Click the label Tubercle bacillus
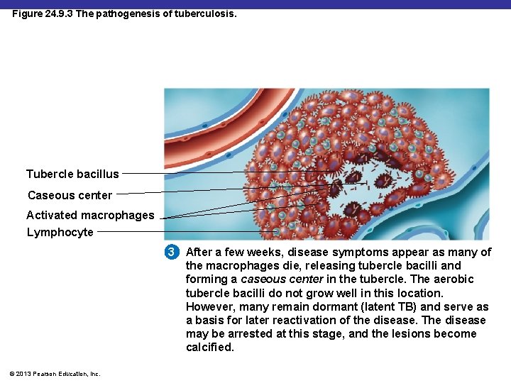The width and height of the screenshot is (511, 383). tap(72, 174)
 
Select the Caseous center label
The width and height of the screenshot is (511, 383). tap(70, 195)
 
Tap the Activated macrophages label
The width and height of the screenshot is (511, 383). tap(90, 215)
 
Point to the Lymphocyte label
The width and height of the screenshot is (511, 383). tap(60, 232)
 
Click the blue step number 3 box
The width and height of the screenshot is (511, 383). tap(170, 252)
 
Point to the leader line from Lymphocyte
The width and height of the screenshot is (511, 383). tap(185, 232)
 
